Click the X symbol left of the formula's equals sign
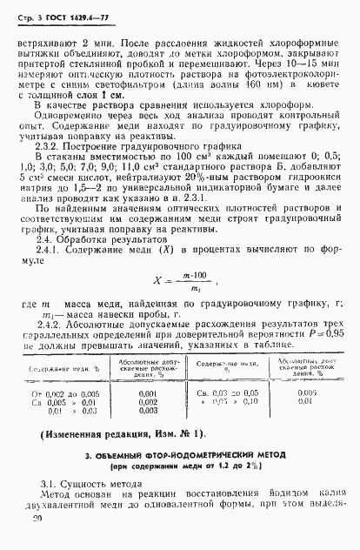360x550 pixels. pyautogui.click(x=157, y=284)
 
